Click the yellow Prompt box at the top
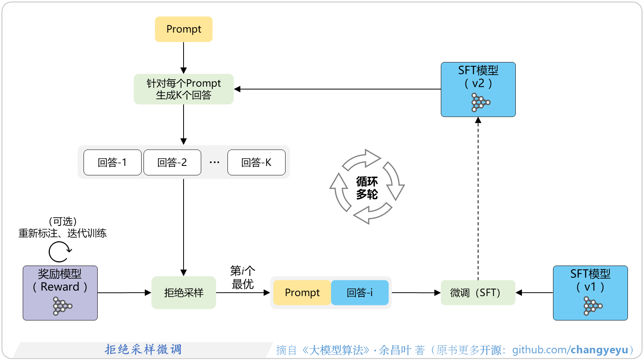184,29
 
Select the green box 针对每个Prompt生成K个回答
184,89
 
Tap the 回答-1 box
112,162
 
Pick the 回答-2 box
172,162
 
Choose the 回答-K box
256,162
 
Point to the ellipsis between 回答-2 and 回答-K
215,162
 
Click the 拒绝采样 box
184,293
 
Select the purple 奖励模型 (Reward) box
60,293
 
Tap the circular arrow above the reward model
60,251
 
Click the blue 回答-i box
360,293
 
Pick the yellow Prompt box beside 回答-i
302,293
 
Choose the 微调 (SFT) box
478,293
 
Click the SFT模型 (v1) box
590,293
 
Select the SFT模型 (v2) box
478,89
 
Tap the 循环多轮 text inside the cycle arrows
367,188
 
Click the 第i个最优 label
242,277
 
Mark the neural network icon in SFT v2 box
480,102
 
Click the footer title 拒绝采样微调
143,349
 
